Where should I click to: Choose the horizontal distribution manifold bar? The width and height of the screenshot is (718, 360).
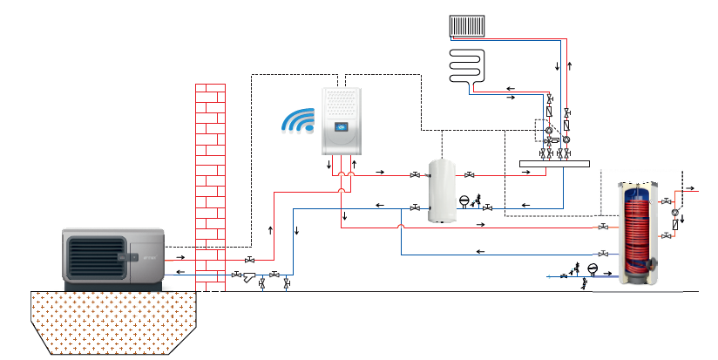(x=554, y=162)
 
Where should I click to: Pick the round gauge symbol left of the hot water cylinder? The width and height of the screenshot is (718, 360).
(x=593, y=268)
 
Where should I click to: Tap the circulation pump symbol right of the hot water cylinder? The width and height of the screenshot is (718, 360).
(x=674, y=212)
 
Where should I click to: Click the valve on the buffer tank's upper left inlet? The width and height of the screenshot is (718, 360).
(x=415, y=174)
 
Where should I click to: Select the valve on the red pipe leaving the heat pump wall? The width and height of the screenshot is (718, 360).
(x=249, y=260)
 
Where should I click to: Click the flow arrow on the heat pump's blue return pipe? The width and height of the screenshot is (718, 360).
(x=179, y=272)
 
